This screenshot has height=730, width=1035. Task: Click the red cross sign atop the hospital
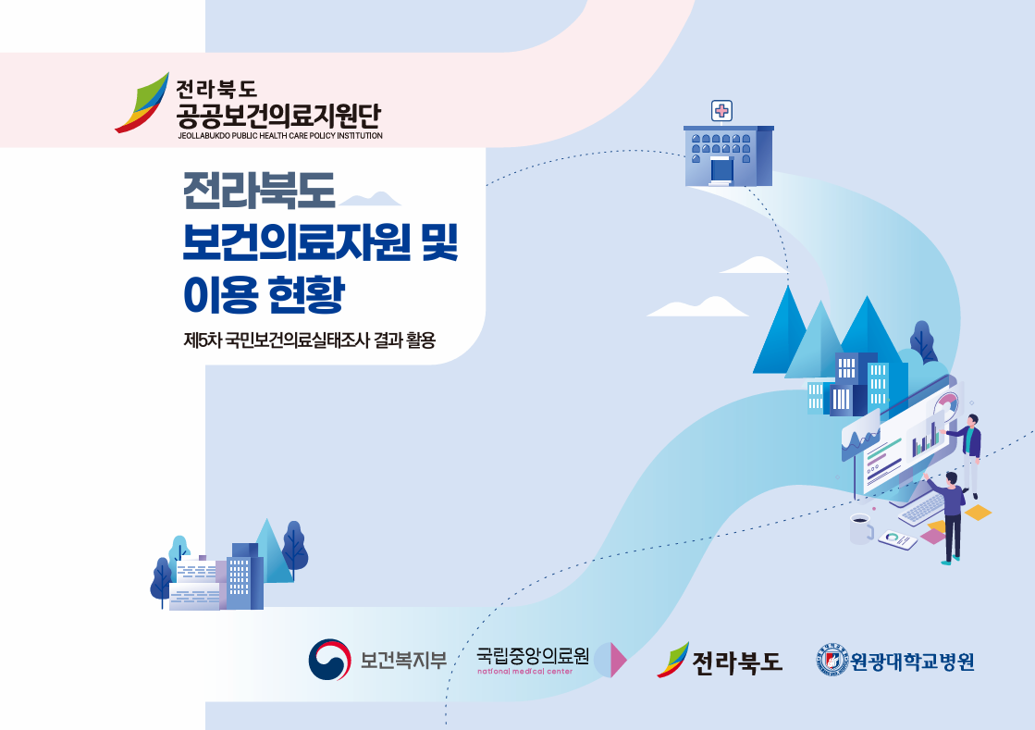pos(722,110)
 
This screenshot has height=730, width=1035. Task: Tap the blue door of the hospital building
pos(721,171)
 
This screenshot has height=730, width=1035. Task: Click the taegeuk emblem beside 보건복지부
pos(329,660)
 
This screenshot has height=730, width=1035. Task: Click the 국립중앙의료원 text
pos(533,655)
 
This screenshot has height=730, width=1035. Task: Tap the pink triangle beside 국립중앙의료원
pos(619,660)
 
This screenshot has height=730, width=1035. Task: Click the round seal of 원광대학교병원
pos(832,660)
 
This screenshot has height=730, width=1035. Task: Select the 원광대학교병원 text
pos(912,661)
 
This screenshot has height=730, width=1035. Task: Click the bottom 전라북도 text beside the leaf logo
pos(736,662)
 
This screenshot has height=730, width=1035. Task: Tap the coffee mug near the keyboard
pos(861,528)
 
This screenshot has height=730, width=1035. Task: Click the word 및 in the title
pos(439,242)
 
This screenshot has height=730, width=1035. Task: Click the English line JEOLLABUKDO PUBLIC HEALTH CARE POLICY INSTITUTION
pos(280,136)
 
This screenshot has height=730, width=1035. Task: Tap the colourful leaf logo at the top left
pos(142,103)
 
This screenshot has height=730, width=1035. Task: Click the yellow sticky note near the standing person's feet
pos(978,513)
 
